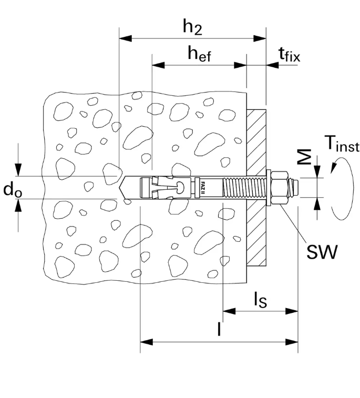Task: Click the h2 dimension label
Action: tap(192, 28)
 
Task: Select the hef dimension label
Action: tap(199, 54)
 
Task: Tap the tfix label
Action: tap(289, 54)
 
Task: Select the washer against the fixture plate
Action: tap(269, 187)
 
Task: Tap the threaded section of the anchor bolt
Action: tap(242, 187)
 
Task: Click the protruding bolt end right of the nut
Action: tap(295, 187)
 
